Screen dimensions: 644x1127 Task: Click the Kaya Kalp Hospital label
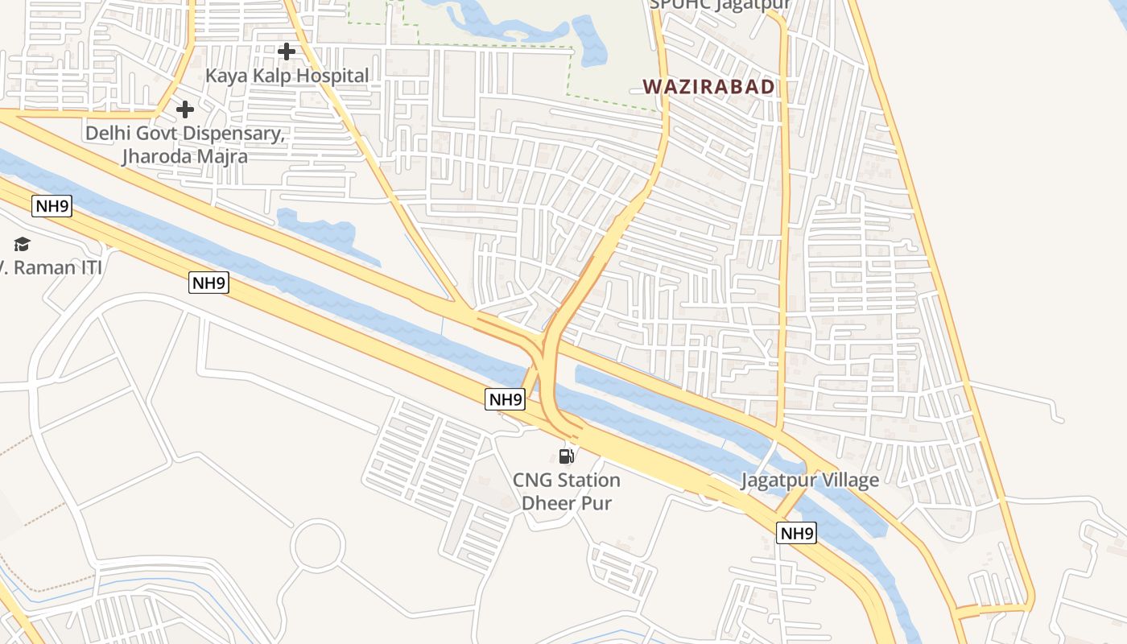coord(287,76)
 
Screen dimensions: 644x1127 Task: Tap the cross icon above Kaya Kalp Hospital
coord(286,52)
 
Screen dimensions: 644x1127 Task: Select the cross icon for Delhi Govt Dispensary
coord(185,109)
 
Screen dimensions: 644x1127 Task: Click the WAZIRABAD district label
coord(708,87)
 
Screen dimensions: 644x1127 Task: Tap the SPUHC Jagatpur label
coord(720,4)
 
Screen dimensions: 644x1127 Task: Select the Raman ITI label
coord(56,267)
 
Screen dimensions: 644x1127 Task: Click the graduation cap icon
coord(22,244)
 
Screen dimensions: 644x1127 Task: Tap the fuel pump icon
coord(567,456)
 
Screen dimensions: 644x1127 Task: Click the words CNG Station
coord(567,481)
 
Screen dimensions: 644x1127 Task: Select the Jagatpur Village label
coord(810,481)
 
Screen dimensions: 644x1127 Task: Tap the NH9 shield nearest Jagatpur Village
coord(796,533)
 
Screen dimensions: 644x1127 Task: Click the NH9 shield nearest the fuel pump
coord(506,398)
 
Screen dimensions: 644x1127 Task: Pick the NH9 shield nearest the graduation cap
coord(52,207)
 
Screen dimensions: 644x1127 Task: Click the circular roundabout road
coord(319,546)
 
